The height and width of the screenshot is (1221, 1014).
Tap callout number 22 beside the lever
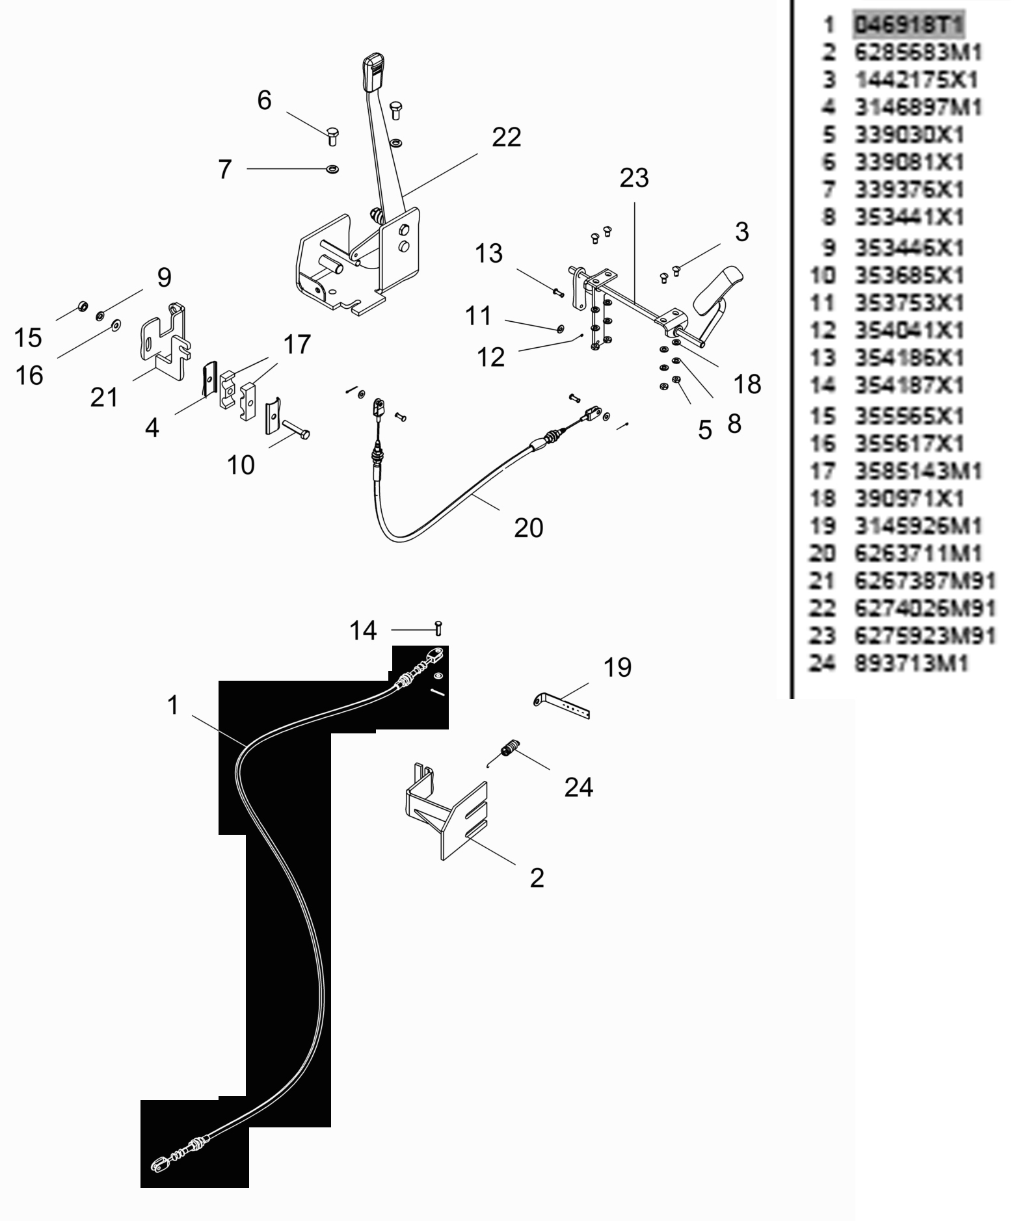[x=507, y=138]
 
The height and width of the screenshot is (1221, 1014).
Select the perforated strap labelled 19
[x=563, y=705]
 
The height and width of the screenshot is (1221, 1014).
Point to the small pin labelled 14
[x=438, y=629]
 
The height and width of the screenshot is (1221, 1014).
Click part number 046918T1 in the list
[x=909, y=25]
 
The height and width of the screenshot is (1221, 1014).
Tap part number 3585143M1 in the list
[x=918, y=471]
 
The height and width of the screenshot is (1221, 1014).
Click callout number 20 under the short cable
[x=528, y=528]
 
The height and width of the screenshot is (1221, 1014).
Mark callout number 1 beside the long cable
[x=172, y=705]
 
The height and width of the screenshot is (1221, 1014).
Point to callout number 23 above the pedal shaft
[x=634, y=177]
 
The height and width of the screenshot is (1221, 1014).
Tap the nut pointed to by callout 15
[x=83, y=306]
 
